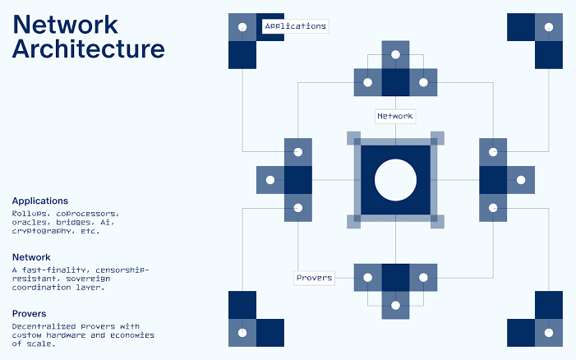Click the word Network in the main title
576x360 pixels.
66,25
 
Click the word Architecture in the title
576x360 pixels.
89,48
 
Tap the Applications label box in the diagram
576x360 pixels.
295,26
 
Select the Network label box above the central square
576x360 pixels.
395,116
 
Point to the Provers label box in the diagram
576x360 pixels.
315,278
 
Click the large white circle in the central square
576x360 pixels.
395,180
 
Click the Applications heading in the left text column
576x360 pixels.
40,201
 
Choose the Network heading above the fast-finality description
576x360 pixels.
31,257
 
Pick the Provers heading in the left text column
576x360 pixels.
29,313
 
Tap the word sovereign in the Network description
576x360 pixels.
88,279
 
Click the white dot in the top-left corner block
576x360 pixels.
242,27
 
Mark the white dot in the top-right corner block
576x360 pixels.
549,27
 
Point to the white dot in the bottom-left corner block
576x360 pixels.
242,333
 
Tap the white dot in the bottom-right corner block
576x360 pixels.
549,333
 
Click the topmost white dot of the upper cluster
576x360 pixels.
395,55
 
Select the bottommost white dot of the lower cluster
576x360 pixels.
395,305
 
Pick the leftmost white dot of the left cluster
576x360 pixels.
270,180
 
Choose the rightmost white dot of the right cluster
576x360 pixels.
521,180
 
